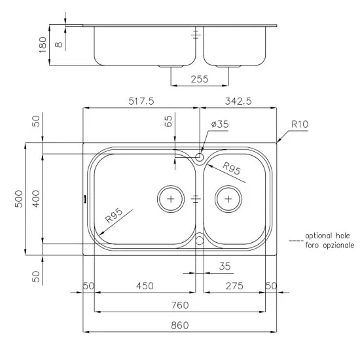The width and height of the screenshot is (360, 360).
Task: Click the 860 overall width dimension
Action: coord(180,325)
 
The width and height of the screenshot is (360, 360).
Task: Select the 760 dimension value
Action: coord(180,305)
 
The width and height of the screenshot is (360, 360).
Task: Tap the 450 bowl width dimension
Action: coord(145,286)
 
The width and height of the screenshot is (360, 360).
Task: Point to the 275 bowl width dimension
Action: coord(234,286)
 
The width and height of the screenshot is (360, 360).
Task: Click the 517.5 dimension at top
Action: coord(141,101)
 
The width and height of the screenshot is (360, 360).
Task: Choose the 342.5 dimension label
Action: coord(238,101)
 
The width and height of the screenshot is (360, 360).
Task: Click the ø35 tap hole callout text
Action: coord(220,124)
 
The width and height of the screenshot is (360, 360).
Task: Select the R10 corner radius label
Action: coord(300,124)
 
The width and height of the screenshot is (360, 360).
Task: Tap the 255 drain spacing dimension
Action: coord(200,79)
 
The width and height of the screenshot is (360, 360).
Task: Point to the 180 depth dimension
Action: coord(43,45)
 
